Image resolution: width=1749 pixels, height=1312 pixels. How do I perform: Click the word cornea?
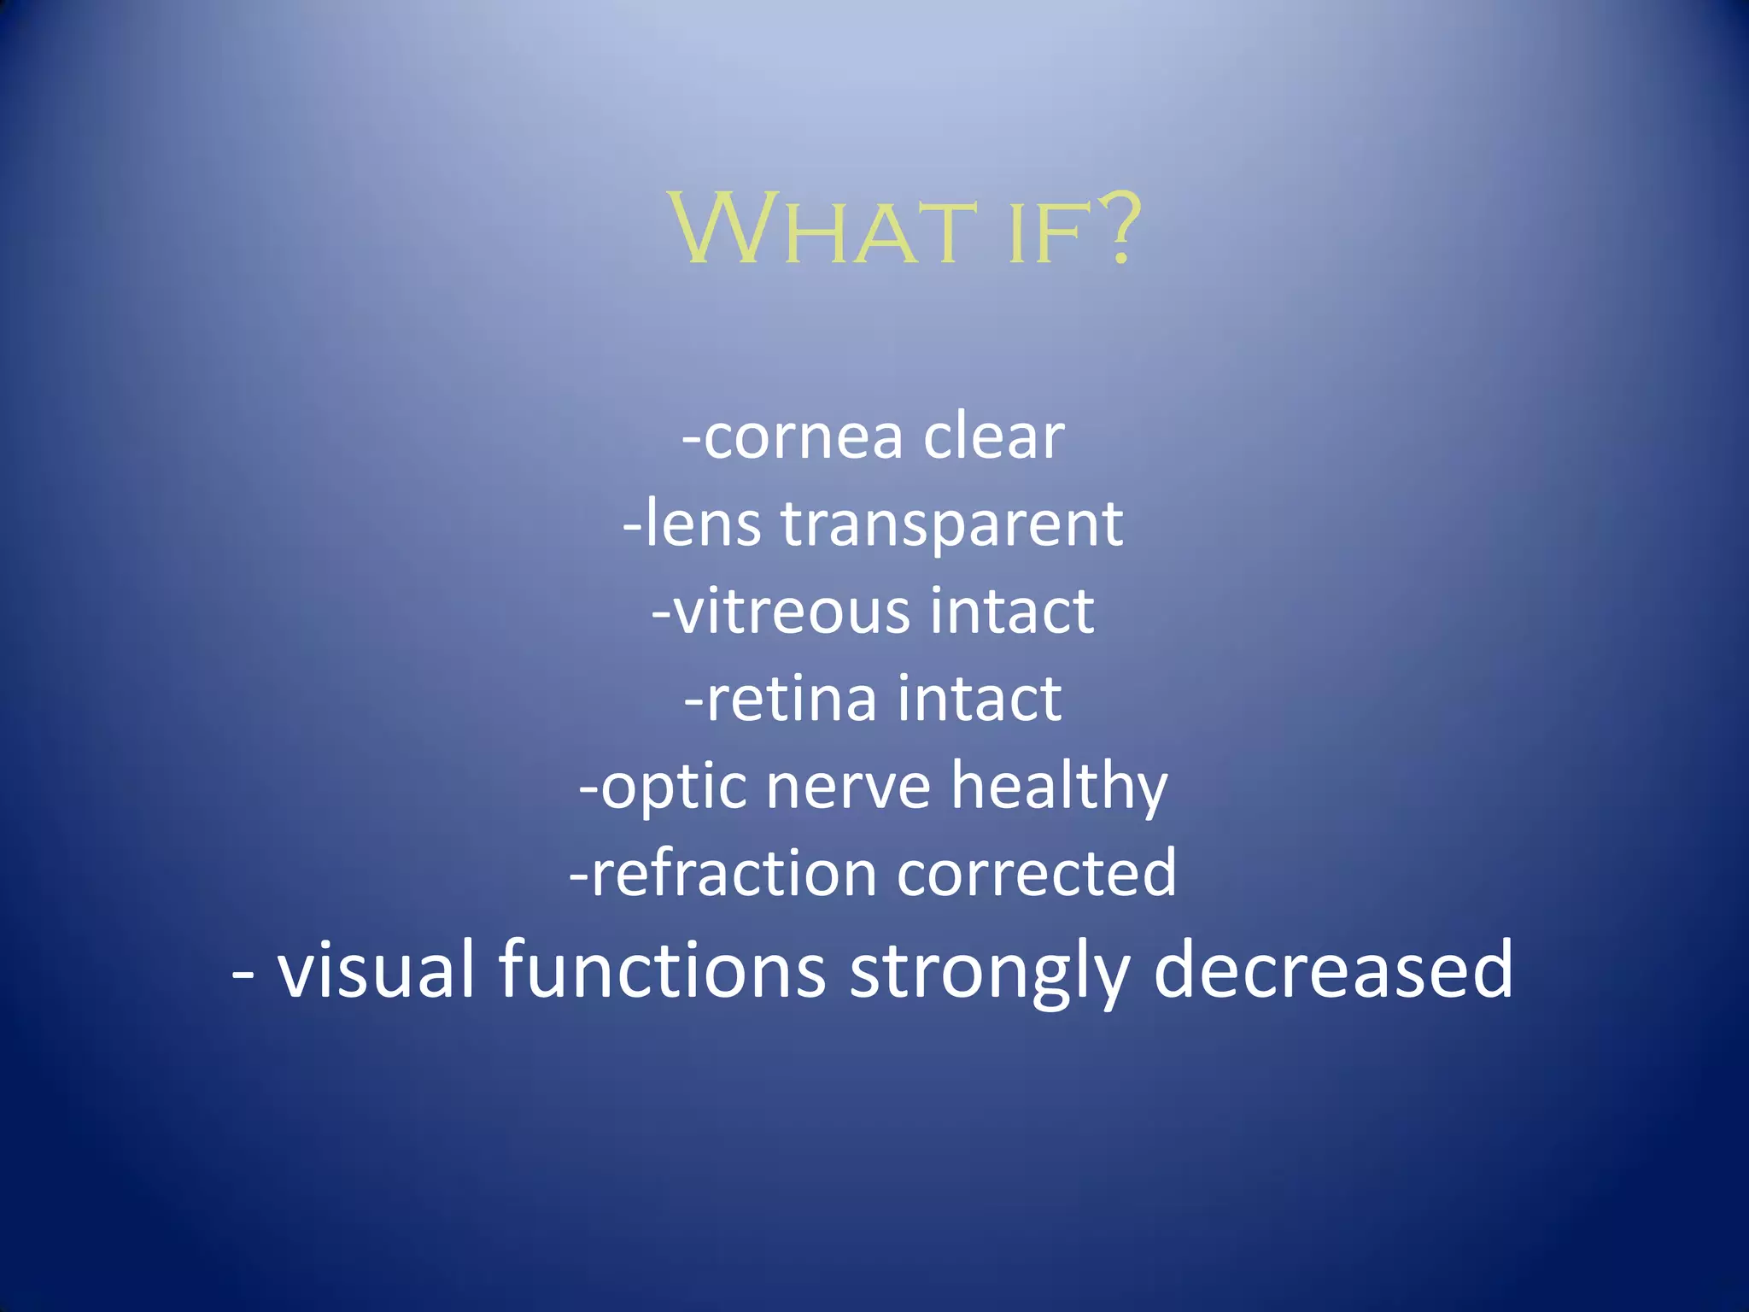[x=803, y=437]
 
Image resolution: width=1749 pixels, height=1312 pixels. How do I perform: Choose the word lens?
[x=702, y=524]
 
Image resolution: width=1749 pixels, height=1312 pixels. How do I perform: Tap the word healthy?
[x=1059, y=786]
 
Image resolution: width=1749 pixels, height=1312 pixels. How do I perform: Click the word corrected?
[x=1036, y=874]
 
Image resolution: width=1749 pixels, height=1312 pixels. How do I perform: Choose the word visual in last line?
[x=376, y=969]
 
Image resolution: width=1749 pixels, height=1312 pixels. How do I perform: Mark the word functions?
[x=662, y=969]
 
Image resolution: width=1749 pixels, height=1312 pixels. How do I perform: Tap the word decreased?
[x=1333, y=969]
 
